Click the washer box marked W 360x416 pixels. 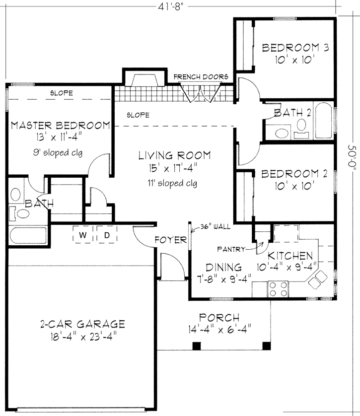click(x=84, y=235)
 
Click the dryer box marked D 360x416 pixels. click(x=106, y=235)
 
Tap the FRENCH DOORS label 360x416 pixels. click(x=201, y=77)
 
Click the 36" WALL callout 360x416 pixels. click(x=216, y=226)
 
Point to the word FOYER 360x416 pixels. click(x=169, y=240)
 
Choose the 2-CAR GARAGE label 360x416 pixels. click(x=82, y=324)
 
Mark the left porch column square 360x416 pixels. click(x=197, y=346)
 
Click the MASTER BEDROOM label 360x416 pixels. click(x=60, y=125)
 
